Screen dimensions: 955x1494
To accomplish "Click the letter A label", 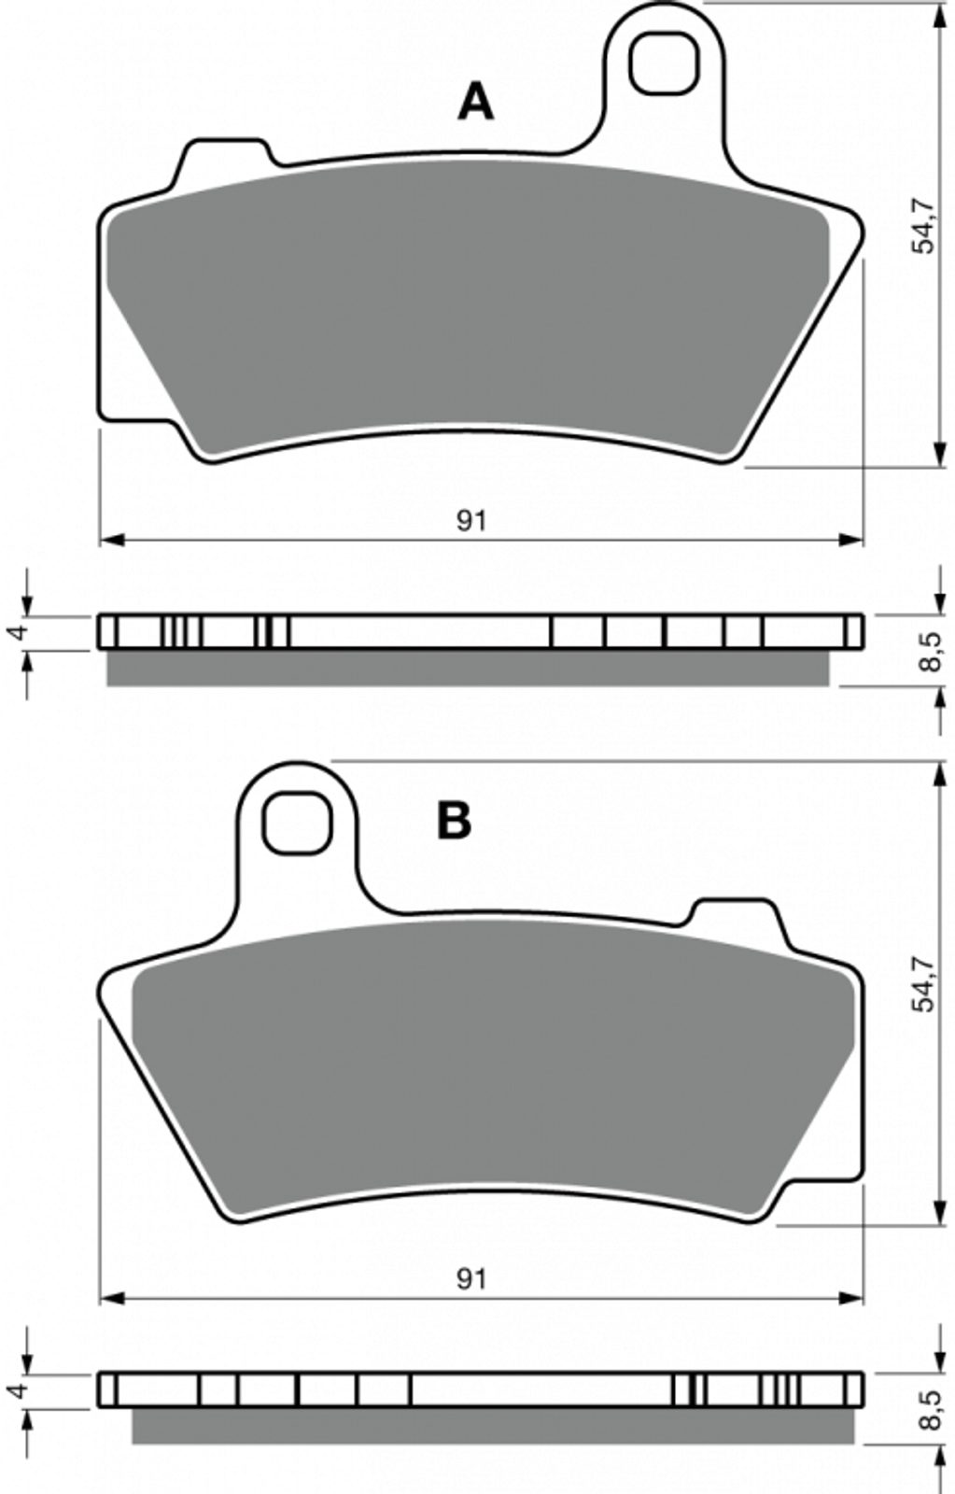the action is [x=475, y=102].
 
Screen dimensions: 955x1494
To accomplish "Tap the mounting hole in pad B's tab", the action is [x=298, y=822].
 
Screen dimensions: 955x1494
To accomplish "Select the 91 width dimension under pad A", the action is [x=471, y=520].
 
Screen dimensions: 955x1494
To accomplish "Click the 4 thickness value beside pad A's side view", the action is [x=22, y=631].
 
